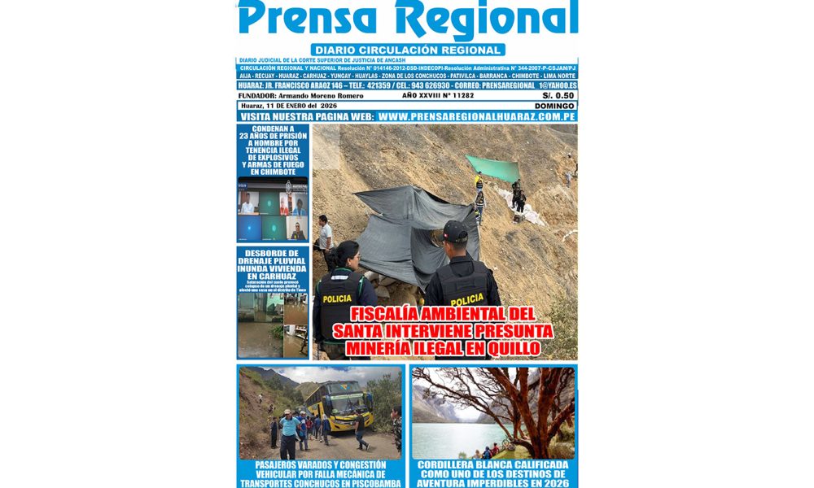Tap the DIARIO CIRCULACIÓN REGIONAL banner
click(x=407, y=50)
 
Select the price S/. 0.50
click(x=558, y=95)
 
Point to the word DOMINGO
click(x=554, y=106)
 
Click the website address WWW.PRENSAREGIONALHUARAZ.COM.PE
click(x=477, y=117)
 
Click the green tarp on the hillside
click(x=492, y=168)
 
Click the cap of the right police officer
click(x=456, y=232)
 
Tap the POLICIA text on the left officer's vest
click(x=337, y=298)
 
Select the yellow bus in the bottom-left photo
click(x=340, y=404)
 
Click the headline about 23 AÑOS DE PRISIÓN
click(x=273, y=151)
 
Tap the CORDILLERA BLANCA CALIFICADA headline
click(x=492, y=473)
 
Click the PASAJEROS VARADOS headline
click(x=320, y=473)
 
